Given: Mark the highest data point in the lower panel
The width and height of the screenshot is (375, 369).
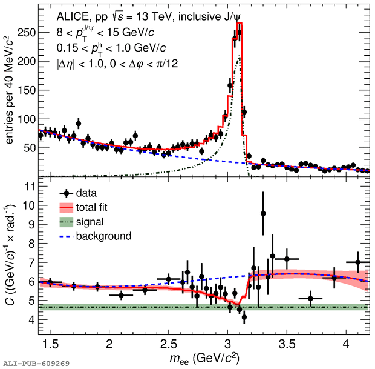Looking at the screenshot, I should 263,213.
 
